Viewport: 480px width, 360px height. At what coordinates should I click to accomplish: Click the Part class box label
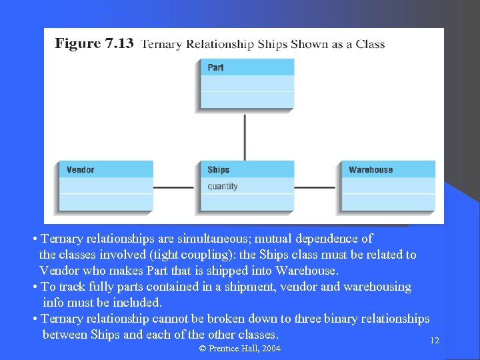click(x=216, y=67)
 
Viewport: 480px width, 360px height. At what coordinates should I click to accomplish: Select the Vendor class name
click(x=81, y=170)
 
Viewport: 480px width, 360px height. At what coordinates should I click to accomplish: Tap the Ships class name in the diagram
click(x=219, y=170)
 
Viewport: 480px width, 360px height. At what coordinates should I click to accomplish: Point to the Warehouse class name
click(x=371, y=170)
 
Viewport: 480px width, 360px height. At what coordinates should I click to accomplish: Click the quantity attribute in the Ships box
click(x=223, y=187)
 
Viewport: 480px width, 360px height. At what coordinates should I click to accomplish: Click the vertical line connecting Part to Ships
click(x=245, y=137)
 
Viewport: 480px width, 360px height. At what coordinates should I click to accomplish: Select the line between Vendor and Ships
click(x=175, y=187)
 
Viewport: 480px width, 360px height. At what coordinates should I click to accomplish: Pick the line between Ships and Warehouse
click(x=317, y=187)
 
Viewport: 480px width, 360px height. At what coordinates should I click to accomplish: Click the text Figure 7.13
click(x=94, y=44)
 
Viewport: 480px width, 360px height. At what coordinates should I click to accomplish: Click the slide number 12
click(x=435, y=341)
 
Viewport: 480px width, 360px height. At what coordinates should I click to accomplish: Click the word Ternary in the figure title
click(x=162, y=45)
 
